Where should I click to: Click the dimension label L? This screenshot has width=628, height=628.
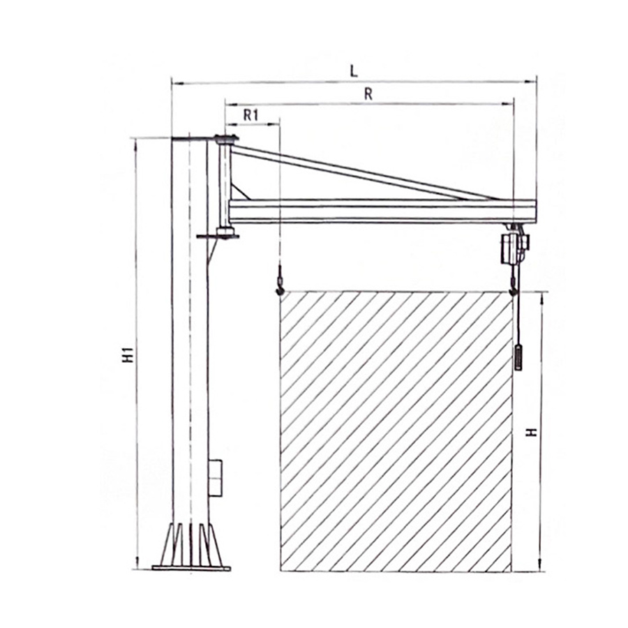point(354,70)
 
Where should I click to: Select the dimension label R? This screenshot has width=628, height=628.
point(368,95)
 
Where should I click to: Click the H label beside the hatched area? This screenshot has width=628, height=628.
point(532,431)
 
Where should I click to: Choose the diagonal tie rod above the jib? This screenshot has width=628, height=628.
point(363,171)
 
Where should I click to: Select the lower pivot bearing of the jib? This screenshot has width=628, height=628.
point(225,232)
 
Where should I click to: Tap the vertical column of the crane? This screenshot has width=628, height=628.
point(189,335)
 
